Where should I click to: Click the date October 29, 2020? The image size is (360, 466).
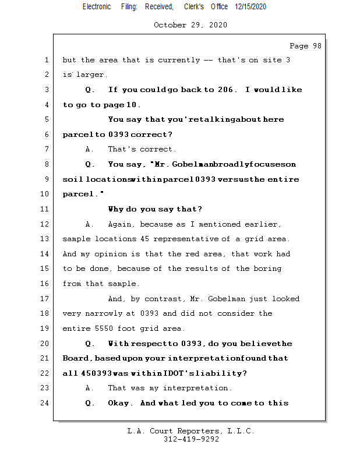[x=190, y=25]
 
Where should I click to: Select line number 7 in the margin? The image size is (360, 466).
[x=45, y=149]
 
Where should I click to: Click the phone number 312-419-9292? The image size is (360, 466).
[x=191, y=440]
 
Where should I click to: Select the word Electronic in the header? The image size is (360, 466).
[x=97, y=7]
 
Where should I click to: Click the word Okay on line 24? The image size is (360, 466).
[x=120, y=403]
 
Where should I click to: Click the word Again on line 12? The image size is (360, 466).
[x=120, y=224]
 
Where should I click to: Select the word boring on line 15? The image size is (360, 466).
[x=267, y=269]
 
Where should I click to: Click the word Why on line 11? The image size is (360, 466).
[x=115, y=209]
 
